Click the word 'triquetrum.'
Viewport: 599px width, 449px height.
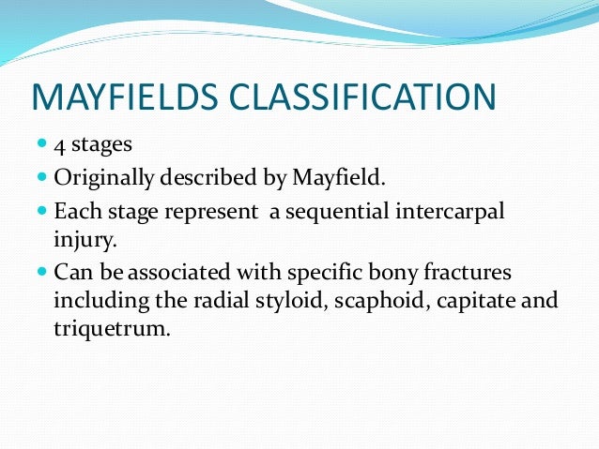point(113,331)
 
